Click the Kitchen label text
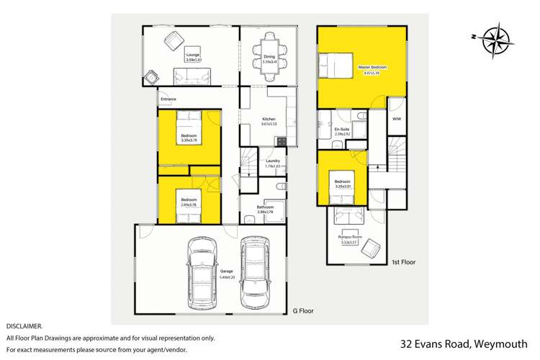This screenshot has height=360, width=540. tap(269, 120)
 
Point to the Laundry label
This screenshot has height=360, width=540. tap(273, 161)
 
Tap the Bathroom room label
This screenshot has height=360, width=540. tap(266, 207)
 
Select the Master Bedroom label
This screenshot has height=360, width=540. tap(372, 67)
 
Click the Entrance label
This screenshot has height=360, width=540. tap(168, 99)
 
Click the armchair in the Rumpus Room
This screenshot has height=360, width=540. tap(372, 249)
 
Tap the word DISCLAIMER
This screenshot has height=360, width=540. tap(25, 325)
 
